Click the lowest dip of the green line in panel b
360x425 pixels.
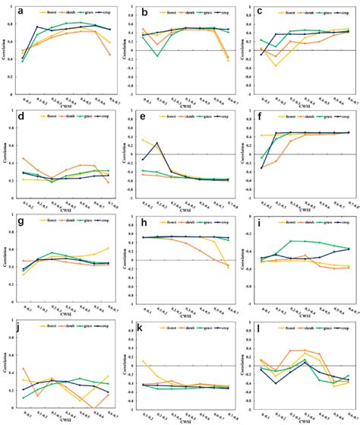click(159, 56)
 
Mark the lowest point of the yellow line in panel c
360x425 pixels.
click(277, 65)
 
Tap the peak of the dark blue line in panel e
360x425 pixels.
click(157, 143)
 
